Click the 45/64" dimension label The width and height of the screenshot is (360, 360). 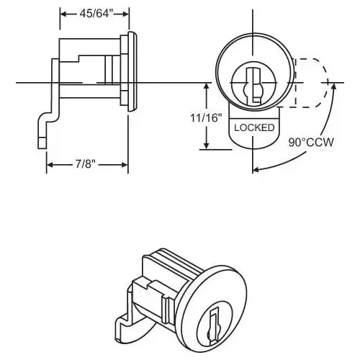click(96, 14)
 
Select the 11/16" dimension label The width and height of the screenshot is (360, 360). click(206, 118)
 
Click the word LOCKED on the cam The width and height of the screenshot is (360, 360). click(254, 127)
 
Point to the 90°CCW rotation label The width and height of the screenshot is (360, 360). click(311, 143)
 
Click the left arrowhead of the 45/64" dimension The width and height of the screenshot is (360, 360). click(63, 14)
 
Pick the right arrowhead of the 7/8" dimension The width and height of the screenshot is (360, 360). click(125, 165)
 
